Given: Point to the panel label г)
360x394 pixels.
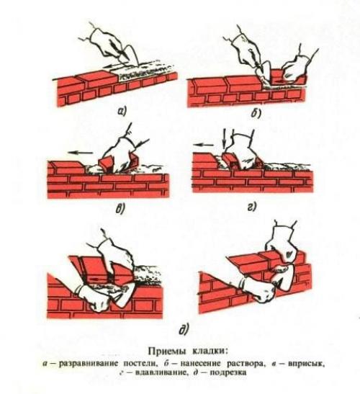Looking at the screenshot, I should point(256,210).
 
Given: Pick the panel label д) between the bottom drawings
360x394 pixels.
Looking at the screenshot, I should point(184,331).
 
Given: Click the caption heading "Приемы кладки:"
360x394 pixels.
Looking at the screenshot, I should point(180,354).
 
